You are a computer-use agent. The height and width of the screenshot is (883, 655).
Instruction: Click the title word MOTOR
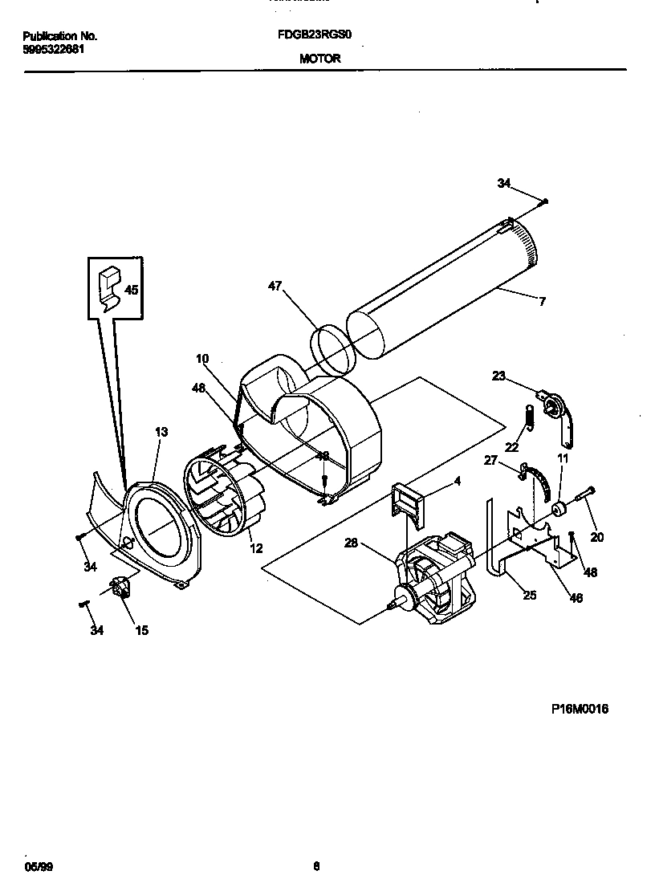click(320, 59)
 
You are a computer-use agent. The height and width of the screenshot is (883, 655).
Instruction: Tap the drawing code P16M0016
click(580, 709)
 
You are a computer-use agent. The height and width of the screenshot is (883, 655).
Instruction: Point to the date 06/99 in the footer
click(34, 866)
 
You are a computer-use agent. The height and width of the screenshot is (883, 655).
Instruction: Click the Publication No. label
click(60, 36)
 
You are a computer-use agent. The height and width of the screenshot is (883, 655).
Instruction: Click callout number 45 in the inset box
click(131, 290)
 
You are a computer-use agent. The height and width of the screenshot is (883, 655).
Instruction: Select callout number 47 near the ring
click(275, 285)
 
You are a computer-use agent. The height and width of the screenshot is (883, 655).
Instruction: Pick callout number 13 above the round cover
click(161, 432)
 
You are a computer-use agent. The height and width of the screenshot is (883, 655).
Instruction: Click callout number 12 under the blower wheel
click(255, 548)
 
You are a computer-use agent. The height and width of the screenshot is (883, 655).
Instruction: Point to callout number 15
click(140, 630)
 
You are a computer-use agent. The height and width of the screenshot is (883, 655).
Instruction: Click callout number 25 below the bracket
click(529, 595)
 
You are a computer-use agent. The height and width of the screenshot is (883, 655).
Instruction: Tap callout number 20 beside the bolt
click(596, 537)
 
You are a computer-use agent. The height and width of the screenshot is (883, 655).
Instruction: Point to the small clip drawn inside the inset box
click(108, 285)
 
